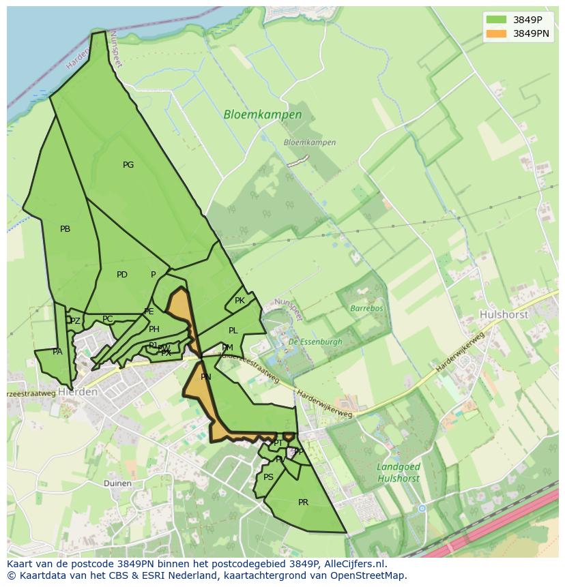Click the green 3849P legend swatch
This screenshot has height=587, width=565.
pyautogui.click(x=496, y=20)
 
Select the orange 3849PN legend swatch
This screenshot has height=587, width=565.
pyautogui.click(x=496, y=33)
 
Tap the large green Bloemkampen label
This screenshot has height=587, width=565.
pyautogui.click(x=263, y=115)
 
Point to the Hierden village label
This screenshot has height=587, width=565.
pyautogui.click(x=78, y=393)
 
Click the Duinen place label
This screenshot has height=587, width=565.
pyautogui.click(x=117, y=483)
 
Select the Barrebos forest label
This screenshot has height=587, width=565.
pyautogui.click(x=366, y=308)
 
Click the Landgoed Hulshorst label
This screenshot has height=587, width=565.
pyautogui.click(x=398, y=472)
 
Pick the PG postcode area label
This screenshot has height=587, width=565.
pyautogui.click(x=128, y=165)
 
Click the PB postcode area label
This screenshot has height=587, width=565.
pyautogui.click(x=65, y=229)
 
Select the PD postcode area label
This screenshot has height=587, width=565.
pyautogui.click(x=122, y=275)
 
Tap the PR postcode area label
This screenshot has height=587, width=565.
pyautogui.click(x=304, y=502)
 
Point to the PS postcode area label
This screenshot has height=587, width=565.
pyautogui.click(x=268, y=477)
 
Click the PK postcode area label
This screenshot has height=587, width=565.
pyautogui.click(x=240, y=301)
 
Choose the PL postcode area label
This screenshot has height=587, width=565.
pyautogui.click(x=233, y=331)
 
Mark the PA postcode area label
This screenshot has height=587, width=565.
pyautogui.click(x=57, y=352)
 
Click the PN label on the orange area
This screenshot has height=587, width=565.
pyautogui.click(x=205, y=377)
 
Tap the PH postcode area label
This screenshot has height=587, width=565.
pyautogui.click(x=154, y=329)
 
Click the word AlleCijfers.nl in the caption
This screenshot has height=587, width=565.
pyautogui.click(x=354, y=564)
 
